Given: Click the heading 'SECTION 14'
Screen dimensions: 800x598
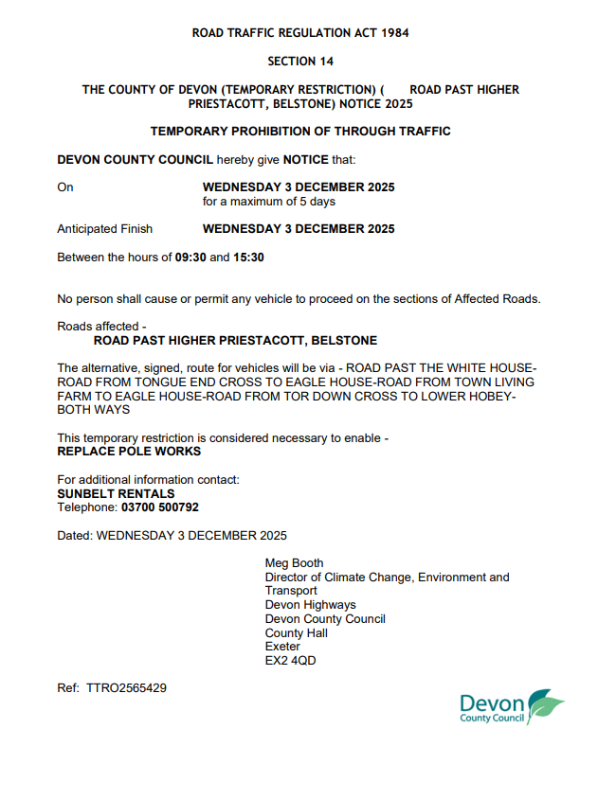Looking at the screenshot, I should click(x=299, y=62).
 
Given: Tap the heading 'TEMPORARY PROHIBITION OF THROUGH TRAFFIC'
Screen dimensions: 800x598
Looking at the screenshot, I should click(x=299, y=132).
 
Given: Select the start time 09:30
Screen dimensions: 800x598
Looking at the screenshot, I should click(x=190, y=257).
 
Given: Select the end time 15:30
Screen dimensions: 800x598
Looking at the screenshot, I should click(x=248, y=257).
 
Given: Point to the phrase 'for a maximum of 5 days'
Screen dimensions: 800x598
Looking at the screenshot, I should click(x=269, y=202).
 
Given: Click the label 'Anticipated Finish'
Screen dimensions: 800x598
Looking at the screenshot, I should click(x=104, y=229).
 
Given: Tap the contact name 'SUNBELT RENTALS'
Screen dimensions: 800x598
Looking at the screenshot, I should click(x=116, y=493).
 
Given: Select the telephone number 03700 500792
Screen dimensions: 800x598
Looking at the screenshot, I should click(x=160, y=507).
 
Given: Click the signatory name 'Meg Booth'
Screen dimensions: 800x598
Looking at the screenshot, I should click(x=294, y=563).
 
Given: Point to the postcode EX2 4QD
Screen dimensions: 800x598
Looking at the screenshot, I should click(x=290, y=661).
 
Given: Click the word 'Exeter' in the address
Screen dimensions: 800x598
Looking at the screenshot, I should click(x=282, y=647).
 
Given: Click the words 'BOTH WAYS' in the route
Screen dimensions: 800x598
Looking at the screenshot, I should click(x=94, y=410).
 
